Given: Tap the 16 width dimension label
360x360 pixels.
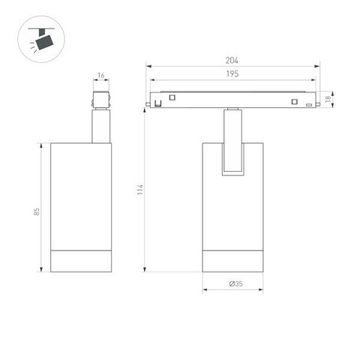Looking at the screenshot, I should (x=101, y=74).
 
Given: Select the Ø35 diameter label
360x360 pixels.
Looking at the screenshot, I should (x=235, y=285).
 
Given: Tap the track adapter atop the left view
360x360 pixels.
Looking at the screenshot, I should (x=100, y=101).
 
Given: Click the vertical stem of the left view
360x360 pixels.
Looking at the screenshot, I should (x=100, y=129).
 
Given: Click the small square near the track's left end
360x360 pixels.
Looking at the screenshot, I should (x=172, y=97).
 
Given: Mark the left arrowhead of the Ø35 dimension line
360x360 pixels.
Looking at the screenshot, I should (x=205, y=292).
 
